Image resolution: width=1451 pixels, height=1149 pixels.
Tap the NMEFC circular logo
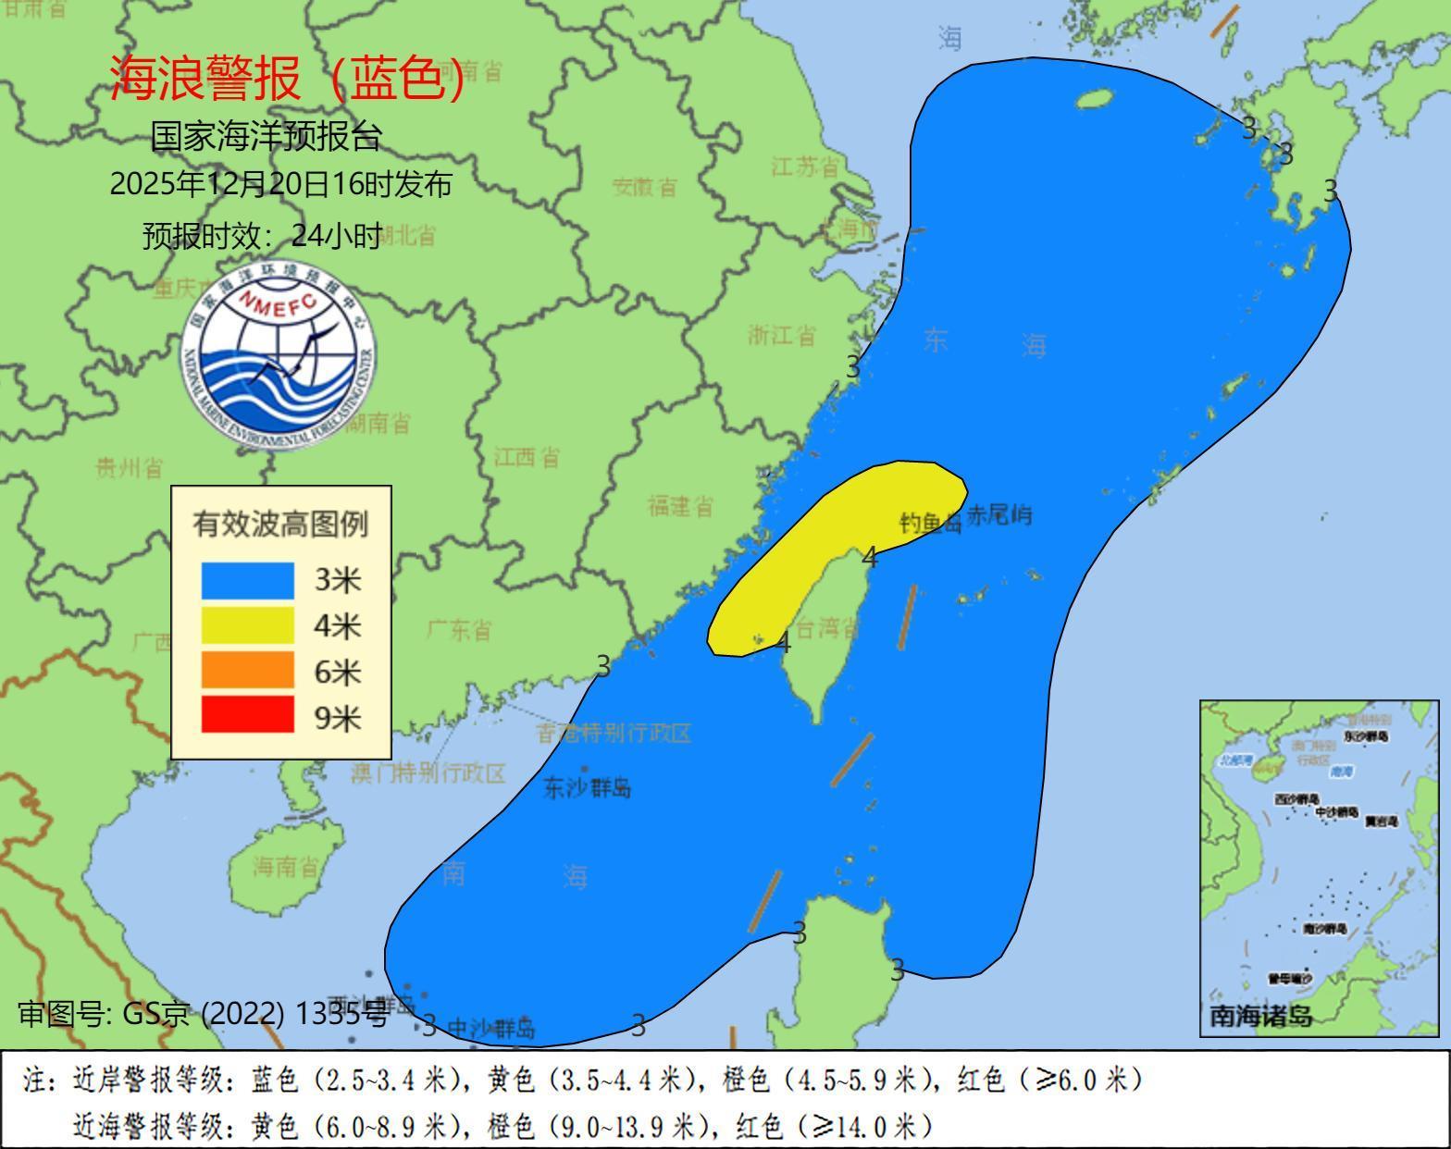pos(279,355)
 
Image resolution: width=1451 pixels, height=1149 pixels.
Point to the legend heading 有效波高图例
pos(280,525)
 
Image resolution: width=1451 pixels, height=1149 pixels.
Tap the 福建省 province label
pos(680,506)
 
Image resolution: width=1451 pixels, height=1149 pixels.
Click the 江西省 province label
pos(526,457)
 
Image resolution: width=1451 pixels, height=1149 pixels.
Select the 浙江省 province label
pos(782,335)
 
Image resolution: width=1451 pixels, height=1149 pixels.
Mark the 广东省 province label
pos(460,631)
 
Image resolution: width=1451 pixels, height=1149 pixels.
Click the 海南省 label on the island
pos(286,867)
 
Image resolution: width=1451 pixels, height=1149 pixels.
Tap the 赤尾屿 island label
pos(999,516)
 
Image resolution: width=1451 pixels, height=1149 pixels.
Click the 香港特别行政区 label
pos(614,734)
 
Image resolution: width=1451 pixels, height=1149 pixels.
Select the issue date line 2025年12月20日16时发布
pos(280,184)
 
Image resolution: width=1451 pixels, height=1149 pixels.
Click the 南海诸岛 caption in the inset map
pos(1261,1016)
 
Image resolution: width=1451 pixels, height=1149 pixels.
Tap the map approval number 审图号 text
pos(204,1014)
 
